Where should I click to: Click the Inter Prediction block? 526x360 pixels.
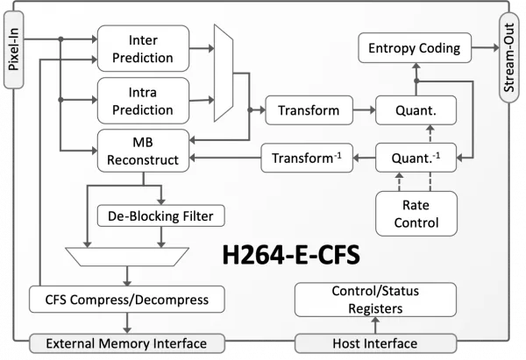143,48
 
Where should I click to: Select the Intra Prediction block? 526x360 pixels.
143,101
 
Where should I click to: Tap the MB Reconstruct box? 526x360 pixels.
143,151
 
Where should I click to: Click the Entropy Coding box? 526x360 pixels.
415,48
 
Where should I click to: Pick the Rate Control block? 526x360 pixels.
416,214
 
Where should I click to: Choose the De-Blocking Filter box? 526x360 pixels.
160,215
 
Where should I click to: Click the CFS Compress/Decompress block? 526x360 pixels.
127,300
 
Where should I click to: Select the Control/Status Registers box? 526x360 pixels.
375,300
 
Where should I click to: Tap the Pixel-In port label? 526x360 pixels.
14,50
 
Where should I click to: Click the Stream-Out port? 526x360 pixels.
508,58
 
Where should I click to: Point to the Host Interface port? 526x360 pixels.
376,343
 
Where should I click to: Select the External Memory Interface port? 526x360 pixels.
127,343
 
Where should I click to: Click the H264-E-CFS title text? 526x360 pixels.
291,255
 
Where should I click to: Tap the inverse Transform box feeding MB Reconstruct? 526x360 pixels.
307,158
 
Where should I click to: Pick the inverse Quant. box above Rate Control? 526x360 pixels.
416,158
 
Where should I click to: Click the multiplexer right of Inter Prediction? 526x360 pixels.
224,73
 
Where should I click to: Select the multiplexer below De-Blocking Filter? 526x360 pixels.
127,257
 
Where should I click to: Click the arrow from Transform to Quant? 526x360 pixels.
365,110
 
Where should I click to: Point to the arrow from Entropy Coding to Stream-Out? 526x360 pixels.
486,47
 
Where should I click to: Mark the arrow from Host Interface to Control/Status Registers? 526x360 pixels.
376,325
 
